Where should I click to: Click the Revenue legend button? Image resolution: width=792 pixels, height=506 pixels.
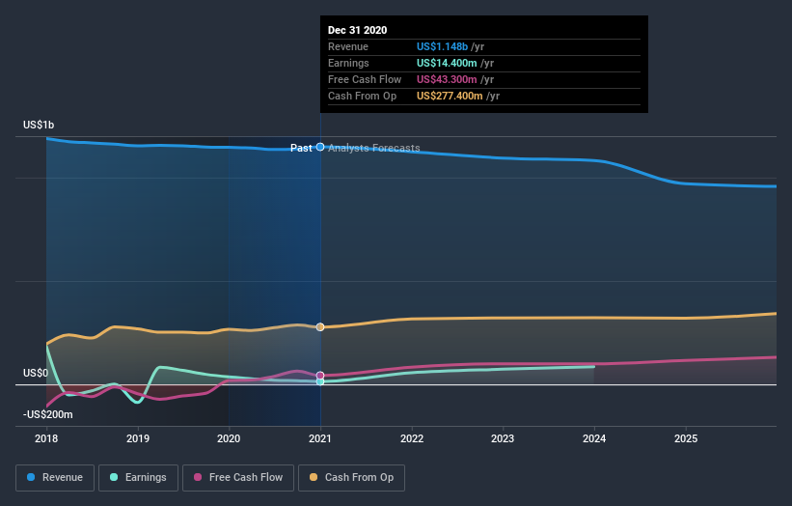click(56, 477)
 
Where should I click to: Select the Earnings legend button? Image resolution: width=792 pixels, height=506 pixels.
click(138, 477)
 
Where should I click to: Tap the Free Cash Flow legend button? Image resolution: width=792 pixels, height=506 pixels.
click(238, 477)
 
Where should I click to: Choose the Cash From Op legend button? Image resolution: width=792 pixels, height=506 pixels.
click(351, 477)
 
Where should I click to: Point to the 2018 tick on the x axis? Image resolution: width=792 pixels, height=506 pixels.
click(46, 438)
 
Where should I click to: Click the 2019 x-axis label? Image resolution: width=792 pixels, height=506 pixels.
click(138, 438)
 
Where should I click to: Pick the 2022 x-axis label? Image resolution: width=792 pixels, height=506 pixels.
click(412, 438)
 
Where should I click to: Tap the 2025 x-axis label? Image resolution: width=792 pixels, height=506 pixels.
click(686, 438)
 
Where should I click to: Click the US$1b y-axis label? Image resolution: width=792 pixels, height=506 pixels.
click(40, 126)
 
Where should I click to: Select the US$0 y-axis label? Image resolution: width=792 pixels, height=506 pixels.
click(36, 373)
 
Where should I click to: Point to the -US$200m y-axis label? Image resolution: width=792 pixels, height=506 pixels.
click(48, 414)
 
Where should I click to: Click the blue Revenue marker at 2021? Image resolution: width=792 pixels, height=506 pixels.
click(320, 147)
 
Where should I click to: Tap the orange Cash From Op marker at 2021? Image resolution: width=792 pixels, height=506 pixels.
click(320, 327)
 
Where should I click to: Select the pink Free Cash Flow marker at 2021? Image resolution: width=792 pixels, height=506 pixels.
click(320, 376)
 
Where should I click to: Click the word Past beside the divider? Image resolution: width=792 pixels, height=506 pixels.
click(301, 148)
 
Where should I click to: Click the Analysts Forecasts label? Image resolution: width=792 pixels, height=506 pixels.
click(374, 148)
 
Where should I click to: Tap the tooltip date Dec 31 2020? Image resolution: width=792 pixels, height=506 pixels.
click(357, 30)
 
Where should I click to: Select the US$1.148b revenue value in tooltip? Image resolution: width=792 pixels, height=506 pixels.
click(443, 46)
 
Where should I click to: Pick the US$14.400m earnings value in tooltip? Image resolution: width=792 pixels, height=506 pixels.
click(448, 63)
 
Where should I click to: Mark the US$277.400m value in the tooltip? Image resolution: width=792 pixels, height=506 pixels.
click(451, 96)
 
